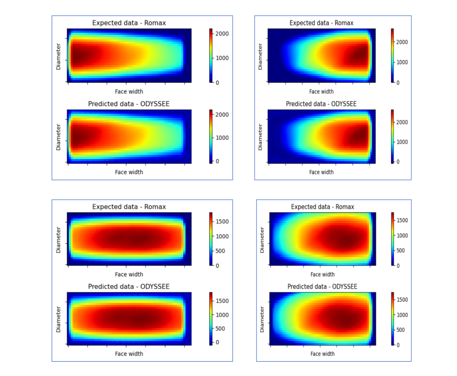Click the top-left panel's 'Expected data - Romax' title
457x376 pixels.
pyautogui.click(x=129, y=23)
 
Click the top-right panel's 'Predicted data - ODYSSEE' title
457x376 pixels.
pyautogui.click(x=321, y=104)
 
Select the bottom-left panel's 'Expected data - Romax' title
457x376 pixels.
pyautogui.click(x=129, y=207)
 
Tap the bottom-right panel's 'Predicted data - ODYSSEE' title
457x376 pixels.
pyautogui.click(x=322, y=287)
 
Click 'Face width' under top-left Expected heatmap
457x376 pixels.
pyautogui.click(x=129, y=91)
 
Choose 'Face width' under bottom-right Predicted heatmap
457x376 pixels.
pyautogui.click(x=322, y=354)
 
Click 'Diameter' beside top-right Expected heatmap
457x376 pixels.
pyautogui.click(x=261, y=56)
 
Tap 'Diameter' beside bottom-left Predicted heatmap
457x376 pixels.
pyautogui.click(x=58, y=319)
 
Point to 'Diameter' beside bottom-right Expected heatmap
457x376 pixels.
pyautogui.click(x=262, y=239)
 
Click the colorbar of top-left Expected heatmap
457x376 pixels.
pyautogui.click(x=210, y=55)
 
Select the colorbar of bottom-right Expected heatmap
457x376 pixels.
pyautogui.click(x=392, y=239)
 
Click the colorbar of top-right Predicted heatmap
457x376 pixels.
pyautogui.click(x=392, y=136)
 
